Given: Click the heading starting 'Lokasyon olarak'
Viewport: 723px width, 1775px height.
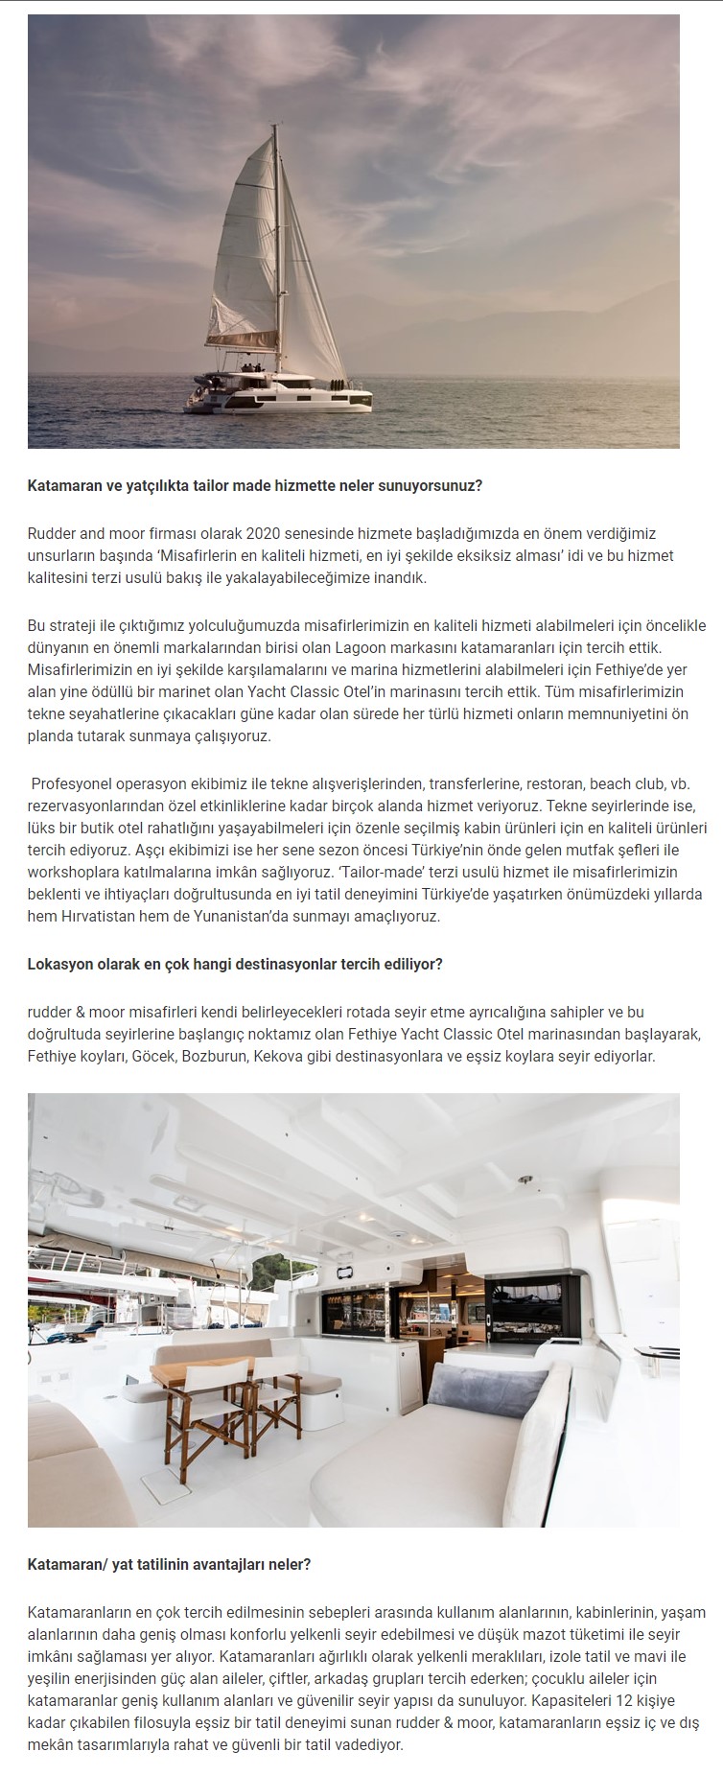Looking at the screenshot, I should [x=235, y=964].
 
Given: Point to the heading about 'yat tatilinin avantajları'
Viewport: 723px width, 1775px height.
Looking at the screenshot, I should [x=169, y=1564].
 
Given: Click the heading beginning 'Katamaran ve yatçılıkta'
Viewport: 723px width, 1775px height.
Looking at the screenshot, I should [x=255, y=485].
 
